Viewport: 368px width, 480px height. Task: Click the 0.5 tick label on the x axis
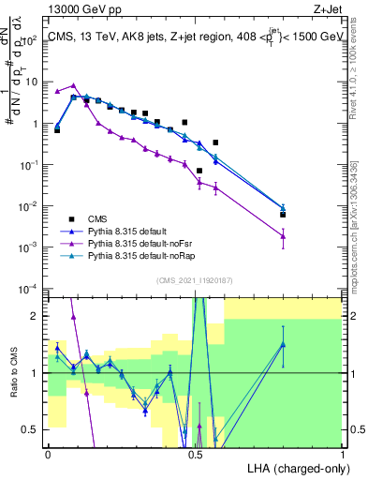[196, 454]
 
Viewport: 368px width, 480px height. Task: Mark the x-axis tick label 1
[343, 454]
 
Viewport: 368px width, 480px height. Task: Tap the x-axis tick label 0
[48, 454]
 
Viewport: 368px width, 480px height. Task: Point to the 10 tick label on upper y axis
[31, 82]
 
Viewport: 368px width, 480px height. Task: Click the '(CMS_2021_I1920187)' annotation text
[196, 279]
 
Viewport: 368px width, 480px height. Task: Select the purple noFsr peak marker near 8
[73, 85]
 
